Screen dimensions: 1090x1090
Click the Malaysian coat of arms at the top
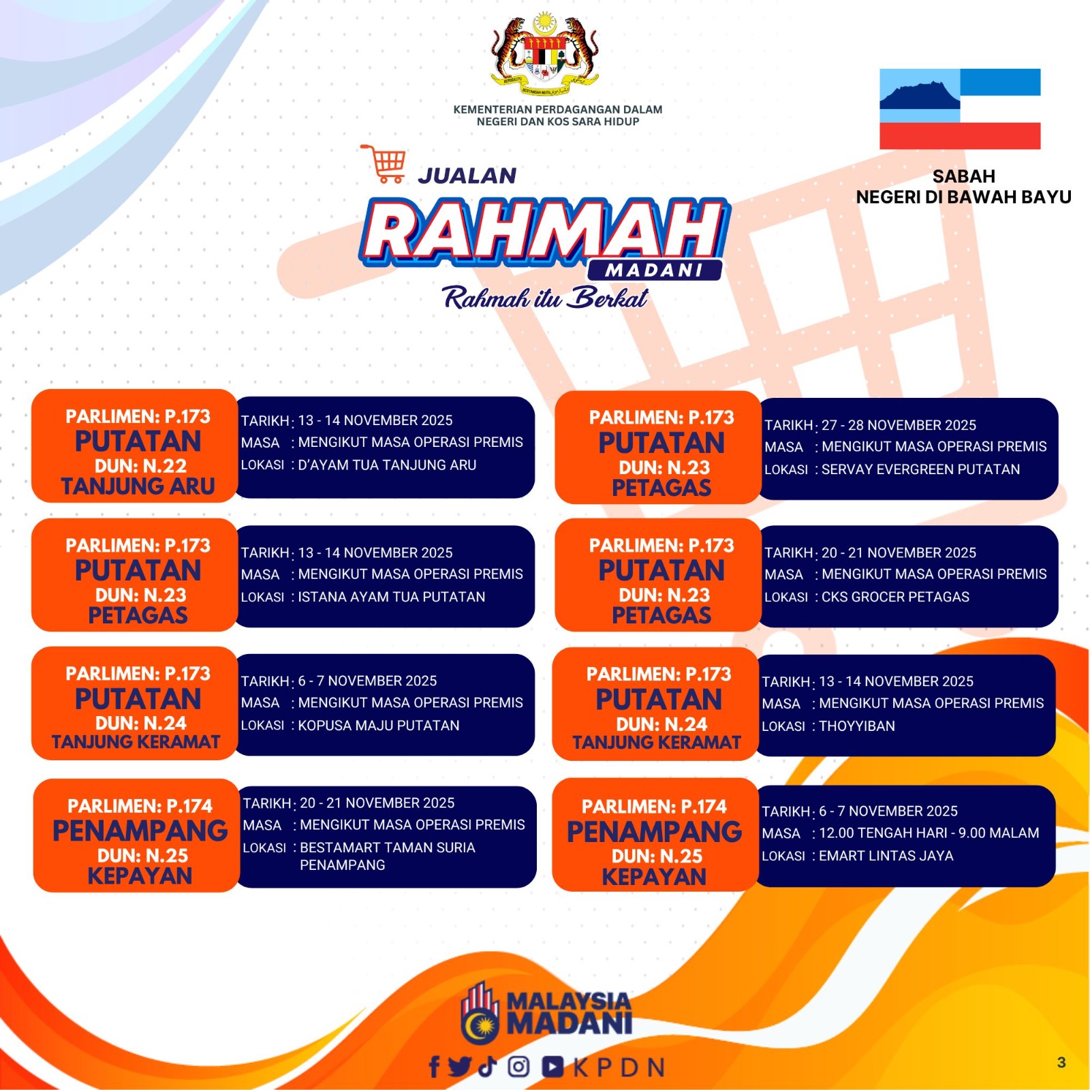[545, 54]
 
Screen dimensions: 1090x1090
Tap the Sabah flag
[960, 109]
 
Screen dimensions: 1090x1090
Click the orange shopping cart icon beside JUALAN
[384, 163]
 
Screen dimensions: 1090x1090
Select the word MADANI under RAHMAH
[654, 270]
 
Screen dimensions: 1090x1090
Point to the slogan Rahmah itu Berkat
[545, 298]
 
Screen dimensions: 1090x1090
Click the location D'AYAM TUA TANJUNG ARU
[387, 465]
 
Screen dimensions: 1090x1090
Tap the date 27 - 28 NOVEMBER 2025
[899, 425]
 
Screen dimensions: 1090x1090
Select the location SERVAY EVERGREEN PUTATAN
[920, 469]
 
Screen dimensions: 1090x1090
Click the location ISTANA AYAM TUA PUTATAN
[392, 597]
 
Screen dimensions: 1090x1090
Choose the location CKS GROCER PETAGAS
[895, 597]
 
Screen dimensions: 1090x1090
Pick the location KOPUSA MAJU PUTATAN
[379, 726]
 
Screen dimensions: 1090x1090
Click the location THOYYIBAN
[857, 726]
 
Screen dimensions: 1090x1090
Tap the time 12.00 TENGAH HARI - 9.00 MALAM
[929, 832]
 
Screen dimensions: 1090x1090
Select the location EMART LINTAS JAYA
[886, 856]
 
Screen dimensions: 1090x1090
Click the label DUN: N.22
[140, 466]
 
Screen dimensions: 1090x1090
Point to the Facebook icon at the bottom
[434, 1066]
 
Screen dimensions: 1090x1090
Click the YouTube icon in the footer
[552, 1067]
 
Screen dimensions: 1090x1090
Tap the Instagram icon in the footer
[518, 1066]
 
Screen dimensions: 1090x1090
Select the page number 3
[1061, 1062]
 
